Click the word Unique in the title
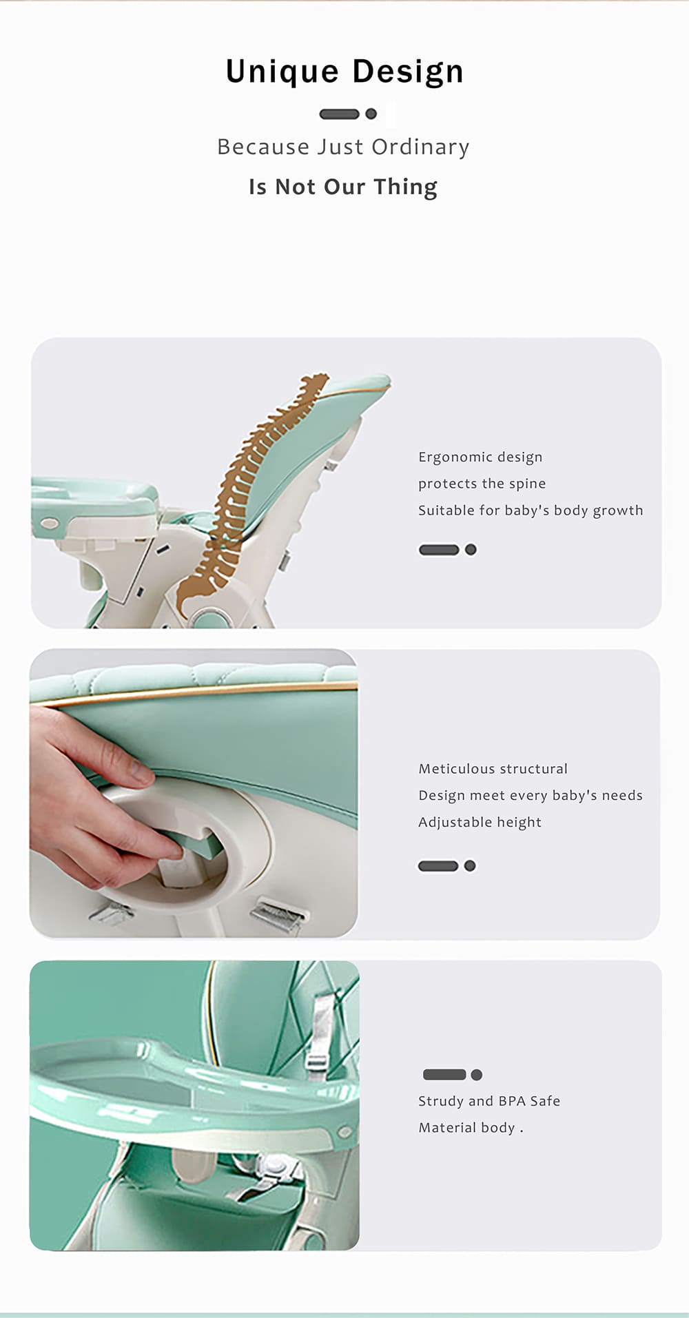[x=282, y=72]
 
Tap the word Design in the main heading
[x=409, y=72]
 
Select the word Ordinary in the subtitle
[x=420, y=147]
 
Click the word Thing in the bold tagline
[x=405, y=187]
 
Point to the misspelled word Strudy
[x=441, y=1102]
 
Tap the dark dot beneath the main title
[x=371, y=114]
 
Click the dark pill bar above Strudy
[x=444, y=1074]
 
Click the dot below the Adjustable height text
[x=470, y=866]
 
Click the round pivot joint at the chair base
[x=209, y=617]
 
